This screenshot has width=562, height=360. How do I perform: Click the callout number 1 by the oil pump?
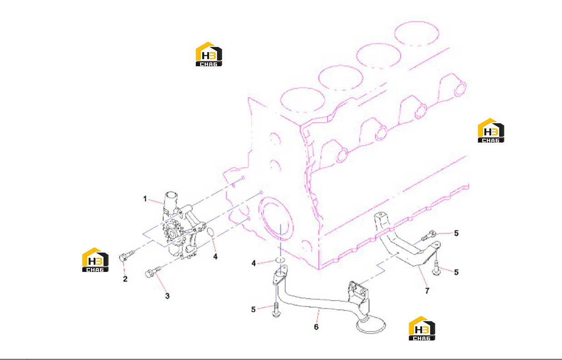click(145, 199)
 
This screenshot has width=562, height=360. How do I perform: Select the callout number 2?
click(125, 279)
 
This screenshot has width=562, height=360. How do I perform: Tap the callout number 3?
click(167, 296)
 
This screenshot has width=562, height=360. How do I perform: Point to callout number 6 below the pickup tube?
click(316, 327)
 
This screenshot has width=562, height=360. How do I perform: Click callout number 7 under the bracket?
click(427, 291)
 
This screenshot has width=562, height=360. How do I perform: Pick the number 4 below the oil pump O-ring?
click(215, 256)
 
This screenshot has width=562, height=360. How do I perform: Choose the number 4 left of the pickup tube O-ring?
click(254, 263)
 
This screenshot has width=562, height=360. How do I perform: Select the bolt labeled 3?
click(153, 272)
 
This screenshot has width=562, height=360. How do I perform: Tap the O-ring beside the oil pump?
click(210, 232)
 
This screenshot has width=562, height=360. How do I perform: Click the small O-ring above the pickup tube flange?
click(280, 260)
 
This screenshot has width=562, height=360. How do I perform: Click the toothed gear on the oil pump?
click(172, 233)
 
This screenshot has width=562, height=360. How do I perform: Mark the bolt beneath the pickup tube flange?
click(276, 311)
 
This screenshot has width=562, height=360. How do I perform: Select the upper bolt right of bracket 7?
click(428, 236)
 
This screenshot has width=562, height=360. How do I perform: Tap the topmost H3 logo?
click(209, 54)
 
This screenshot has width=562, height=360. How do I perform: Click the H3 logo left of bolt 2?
click(95, 260)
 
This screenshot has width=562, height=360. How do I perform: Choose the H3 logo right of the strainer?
click(422, 328)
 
